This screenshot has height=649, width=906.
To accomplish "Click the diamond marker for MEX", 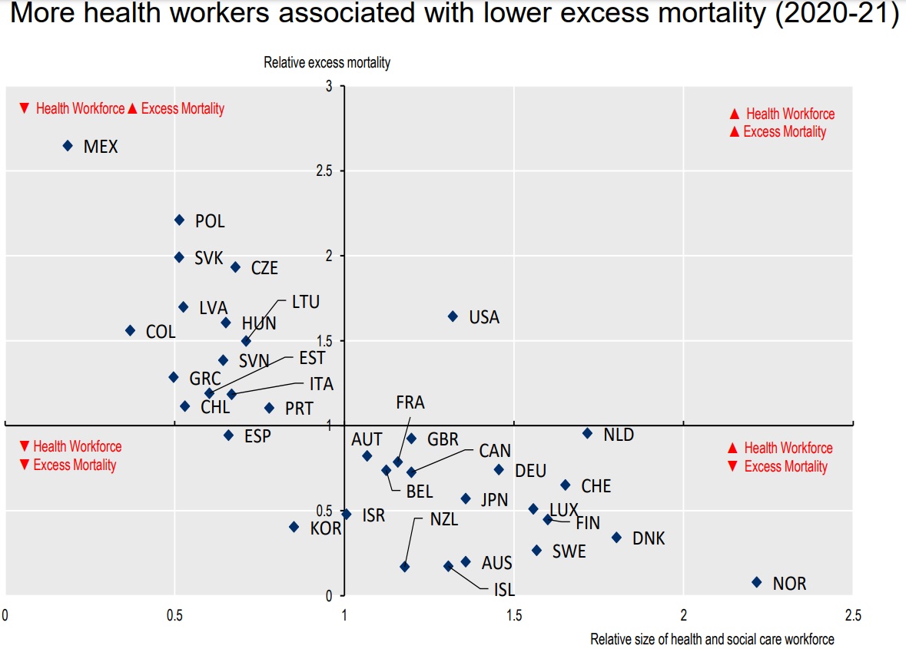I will [x=68, y=145].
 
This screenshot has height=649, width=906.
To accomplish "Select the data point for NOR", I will [x=757, y=582].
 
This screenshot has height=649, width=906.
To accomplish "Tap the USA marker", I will [x=453, y=316].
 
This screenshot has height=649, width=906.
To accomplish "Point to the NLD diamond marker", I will [x=587, y=433].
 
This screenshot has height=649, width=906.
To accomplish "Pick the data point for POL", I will [x=179, y=220].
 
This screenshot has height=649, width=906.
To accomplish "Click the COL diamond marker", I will [x=130, y=330].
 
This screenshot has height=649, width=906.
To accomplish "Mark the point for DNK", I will [x=616, y=538].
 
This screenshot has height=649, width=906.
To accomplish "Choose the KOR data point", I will [x=294, y=527].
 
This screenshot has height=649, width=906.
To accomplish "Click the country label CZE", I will [x=264, y=269].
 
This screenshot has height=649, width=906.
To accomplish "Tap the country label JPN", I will [x=494, y=501].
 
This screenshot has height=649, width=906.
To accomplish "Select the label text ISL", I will [x=503, y=590].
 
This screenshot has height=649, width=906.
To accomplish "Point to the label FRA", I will [x=410, y=402].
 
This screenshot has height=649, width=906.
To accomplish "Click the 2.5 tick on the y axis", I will [x=323, y=171].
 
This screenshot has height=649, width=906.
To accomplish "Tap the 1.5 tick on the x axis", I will [x=514, y=615].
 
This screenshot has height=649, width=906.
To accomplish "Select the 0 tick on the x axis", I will [x=5, y=615].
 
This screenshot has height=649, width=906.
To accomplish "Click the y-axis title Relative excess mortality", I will [x=327, y=63].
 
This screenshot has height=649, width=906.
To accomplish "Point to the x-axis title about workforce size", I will [x=712, y=639].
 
